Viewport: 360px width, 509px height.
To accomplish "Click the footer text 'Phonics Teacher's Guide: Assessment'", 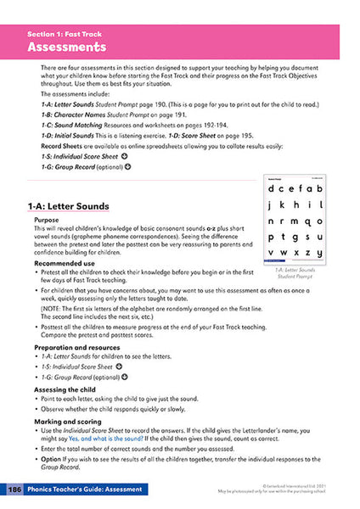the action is pyautogui.click(x=85, y=490).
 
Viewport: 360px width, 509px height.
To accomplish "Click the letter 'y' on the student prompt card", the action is pyautogui.click(x=318, y=253).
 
